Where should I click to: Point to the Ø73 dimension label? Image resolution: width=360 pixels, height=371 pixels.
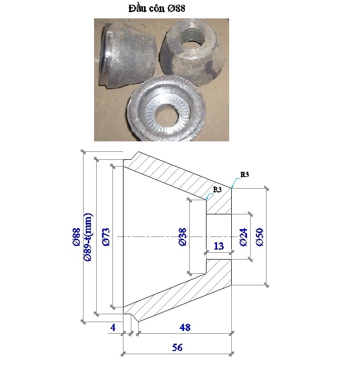tap(105, 237)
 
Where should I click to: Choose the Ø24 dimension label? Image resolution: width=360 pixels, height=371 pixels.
tap(243, 237)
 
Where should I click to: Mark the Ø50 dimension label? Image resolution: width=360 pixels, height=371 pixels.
tap(259, 237)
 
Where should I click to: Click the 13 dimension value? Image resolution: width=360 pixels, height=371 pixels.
tap(219, 245)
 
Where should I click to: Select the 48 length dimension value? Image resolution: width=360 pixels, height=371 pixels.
tap(184, 328)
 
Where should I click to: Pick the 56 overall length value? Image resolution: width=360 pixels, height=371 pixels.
tap(177, 347)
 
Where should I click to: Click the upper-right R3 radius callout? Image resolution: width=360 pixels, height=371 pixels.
tap(244, 174)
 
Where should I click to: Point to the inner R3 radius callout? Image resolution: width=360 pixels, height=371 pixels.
tap(218, 189)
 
